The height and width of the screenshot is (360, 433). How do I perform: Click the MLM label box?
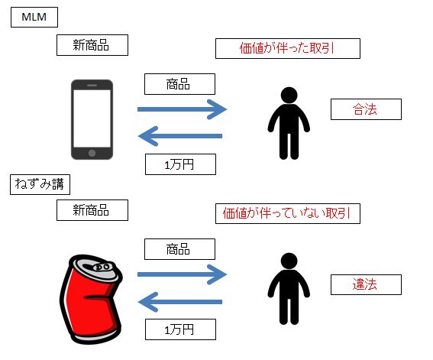[x=34, y=17]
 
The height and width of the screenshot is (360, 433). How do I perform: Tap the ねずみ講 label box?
[x=40, y=184]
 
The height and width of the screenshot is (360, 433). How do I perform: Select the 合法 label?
[x=366, y=109]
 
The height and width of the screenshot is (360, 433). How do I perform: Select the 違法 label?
[x=366, y=284]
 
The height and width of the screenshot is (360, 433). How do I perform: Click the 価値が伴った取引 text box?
[x=288, y=48]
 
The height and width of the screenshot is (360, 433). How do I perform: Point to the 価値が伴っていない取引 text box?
[x=288, y=213]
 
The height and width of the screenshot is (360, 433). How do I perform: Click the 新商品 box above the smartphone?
[x=92, y=45]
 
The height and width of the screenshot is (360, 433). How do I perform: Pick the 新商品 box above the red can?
[x=92, y=210]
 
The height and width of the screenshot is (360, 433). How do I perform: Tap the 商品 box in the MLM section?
[x=179, y=84]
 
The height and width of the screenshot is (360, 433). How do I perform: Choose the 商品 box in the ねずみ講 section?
[x=179, y=249]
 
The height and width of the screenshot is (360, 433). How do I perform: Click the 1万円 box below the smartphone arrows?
[x=180, y=164]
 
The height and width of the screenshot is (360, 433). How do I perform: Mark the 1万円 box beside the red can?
[x=180, y=329]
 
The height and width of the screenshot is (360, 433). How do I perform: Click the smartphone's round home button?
[x=92, y=153]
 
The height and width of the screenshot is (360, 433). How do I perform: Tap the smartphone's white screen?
[x=92, y=118]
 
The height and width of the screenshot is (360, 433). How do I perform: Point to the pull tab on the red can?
[x=102, y=268]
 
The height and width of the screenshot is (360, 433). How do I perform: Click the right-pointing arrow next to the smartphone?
[x=182, y=109]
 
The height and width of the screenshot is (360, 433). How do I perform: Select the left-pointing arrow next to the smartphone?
[x=180, y=136]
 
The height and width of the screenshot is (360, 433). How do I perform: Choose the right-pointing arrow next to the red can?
[x=182, y=274]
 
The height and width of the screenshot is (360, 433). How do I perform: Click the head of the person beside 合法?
[x=289, y=96]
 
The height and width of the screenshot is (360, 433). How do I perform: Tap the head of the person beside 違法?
[x=289, y=261]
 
